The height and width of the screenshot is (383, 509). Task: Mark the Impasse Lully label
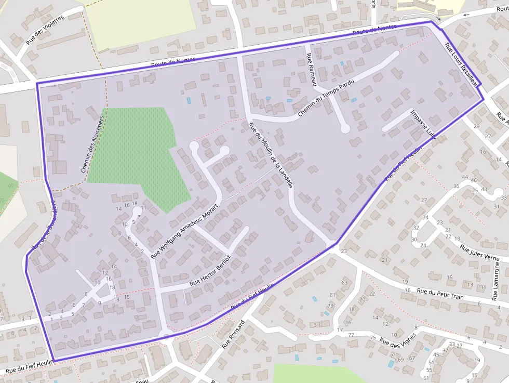pos(422,124)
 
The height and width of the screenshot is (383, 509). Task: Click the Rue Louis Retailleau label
pos(463,64)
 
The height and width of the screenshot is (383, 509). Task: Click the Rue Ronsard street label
pos(233,334)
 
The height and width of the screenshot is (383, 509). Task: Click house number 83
pos(344,282)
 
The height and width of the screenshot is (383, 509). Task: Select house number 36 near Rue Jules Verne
pos(457,186)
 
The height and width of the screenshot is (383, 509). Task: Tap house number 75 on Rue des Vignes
pos(372,338)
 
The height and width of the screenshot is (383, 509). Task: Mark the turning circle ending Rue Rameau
pos(344,128)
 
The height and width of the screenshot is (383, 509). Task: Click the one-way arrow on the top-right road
pos(466,15)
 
